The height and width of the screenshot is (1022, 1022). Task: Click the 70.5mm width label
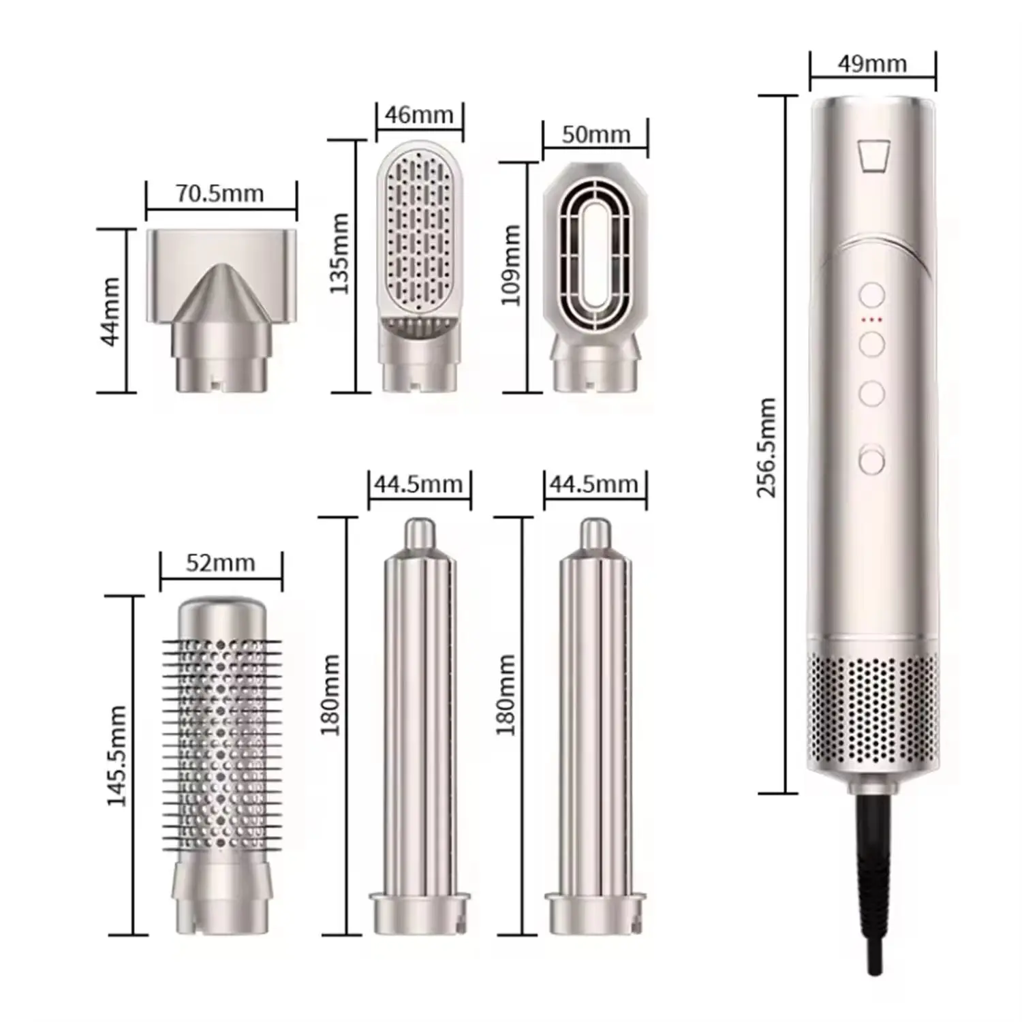pos(220,193)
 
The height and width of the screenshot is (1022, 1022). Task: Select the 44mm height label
pos(110,311)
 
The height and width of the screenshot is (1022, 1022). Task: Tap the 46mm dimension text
pos(419,114)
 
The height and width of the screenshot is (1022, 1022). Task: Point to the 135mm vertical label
pos(339,253)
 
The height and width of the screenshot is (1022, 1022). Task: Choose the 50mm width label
pos(595,134)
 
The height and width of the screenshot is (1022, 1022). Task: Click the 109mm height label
pos(511,266)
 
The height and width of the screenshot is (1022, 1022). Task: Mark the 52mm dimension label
pos(220,563)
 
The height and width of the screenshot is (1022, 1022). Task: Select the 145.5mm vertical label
pos(117,756)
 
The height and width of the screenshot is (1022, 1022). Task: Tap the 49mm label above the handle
pos(872,63)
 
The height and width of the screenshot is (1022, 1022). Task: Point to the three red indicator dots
pos(871,319)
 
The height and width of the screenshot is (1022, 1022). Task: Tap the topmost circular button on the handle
pos(871,296)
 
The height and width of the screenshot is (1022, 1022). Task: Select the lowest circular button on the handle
pos(871,460)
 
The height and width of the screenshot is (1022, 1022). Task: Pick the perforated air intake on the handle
pos(872,709)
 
